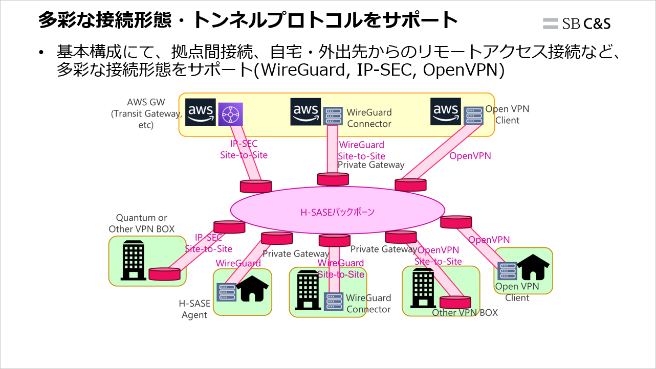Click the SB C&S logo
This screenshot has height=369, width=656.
coord(577,23)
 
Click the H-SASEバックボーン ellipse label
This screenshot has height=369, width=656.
coord(337,212)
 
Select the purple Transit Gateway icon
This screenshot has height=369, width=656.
coord(230,114)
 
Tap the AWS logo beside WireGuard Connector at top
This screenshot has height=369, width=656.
coord(306,111)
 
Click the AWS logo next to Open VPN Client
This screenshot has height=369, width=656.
coord(445,111)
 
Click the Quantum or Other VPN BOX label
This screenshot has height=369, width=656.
coord(142,223)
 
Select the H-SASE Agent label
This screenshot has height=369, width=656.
coord(194,309)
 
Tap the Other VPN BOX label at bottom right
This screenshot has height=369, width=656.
coord(465,313)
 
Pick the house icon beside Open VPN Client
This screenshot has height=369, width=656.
coord(533,268)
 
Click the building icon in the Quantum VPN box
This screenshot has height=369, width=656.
coord(133,261)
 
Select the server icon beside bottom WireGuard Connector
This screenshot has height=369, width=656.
coord(333,301)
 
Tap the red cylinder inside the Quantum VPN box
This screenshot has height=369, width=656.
coord(164,274)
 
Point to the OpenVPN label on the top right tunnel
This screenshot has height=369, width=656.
coord(470,156)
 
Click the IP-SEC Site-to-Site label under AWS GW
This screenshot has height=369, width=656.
coord(244,149)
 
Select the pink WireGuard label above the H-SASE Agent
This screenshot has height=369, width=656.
coord(238,263)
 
